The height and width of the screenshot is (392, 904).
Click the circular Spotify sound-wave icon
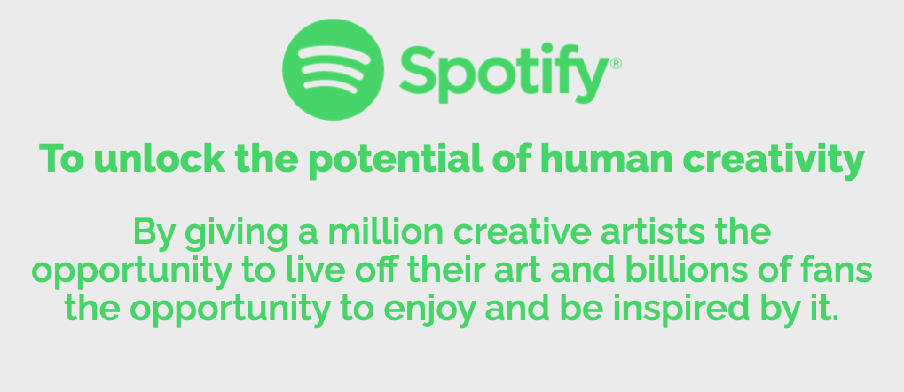334,70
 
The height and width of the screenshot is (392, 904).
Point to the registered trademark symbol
616,63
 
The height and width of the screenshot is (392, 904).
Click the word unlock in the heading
160,158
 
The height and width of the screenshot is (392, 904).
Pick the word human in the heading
607,159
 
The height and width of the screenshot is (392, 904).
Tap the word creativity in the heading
773,161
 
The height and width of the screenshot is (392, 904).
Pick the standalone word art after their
517,271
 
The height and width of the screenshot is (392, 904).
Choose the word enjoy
430,312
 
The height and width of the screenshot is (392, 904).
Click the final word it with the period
825,309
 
